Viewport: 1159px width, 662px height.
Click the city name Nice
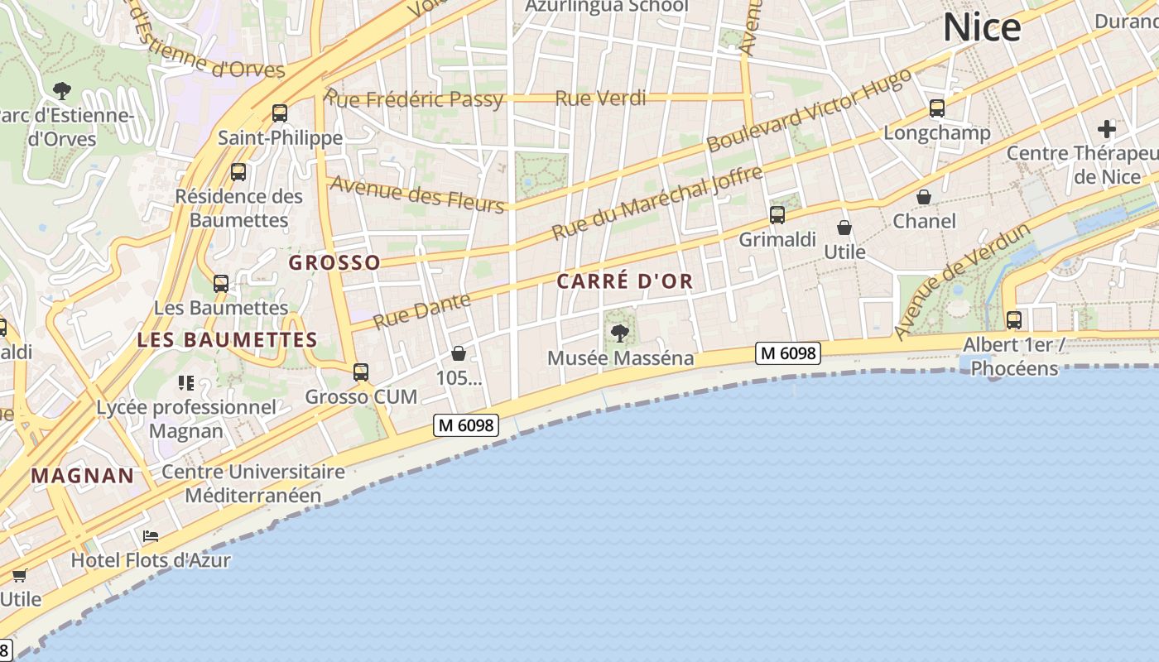(x=982, y=27)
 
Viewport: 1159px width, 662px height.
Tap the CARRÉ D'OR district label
(x=624, y=281)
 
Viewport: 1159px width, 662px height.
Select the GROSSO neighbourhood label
(x=334, y=262)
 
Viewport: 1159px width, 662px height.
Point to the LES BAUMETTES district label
(x=227, y=339)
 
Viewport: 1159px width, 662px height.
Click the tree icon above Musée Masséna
(x=619, y=333)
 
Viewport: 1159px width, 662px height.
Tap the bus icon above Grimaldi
(x=777, y=215)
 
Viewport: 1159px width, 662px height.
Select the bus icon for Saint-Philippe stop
(x=280, y=113)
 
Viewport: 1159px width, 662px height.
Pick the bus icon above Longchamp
(x=937, y=108)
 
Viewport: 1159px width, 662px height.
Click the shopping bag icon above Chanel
(x=924, y=197)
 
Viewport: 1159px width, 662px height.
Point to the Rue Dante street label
(x=422, y=310)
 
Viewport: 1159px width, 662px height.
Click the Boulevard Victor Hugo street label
(x=809, y=110)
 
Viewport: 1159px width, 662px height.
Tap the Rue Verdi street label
(x=600, y=98)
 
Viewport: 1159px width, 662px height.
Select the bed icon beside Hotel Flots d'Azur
(x=150, y=536)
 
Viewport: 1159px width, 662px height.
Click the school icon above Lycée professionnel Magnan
(x=185, y=382)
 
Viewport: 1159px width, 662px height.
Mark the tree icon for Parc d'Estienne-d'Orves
(x=61, y=89)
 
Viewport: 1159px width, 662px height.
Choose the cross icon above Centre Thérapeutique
(x=1107, y=129)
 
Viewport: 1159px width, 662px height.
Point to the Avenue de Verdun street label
(x=962, y=281)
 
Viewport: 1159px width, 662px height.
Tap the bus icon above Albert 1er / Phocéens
(x=1013, y=319)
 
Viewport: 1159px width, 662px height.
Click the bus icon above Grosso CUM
(x=361, y=372)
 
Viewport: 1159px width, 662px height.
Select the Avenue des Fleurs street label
(x=417, y=194)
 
